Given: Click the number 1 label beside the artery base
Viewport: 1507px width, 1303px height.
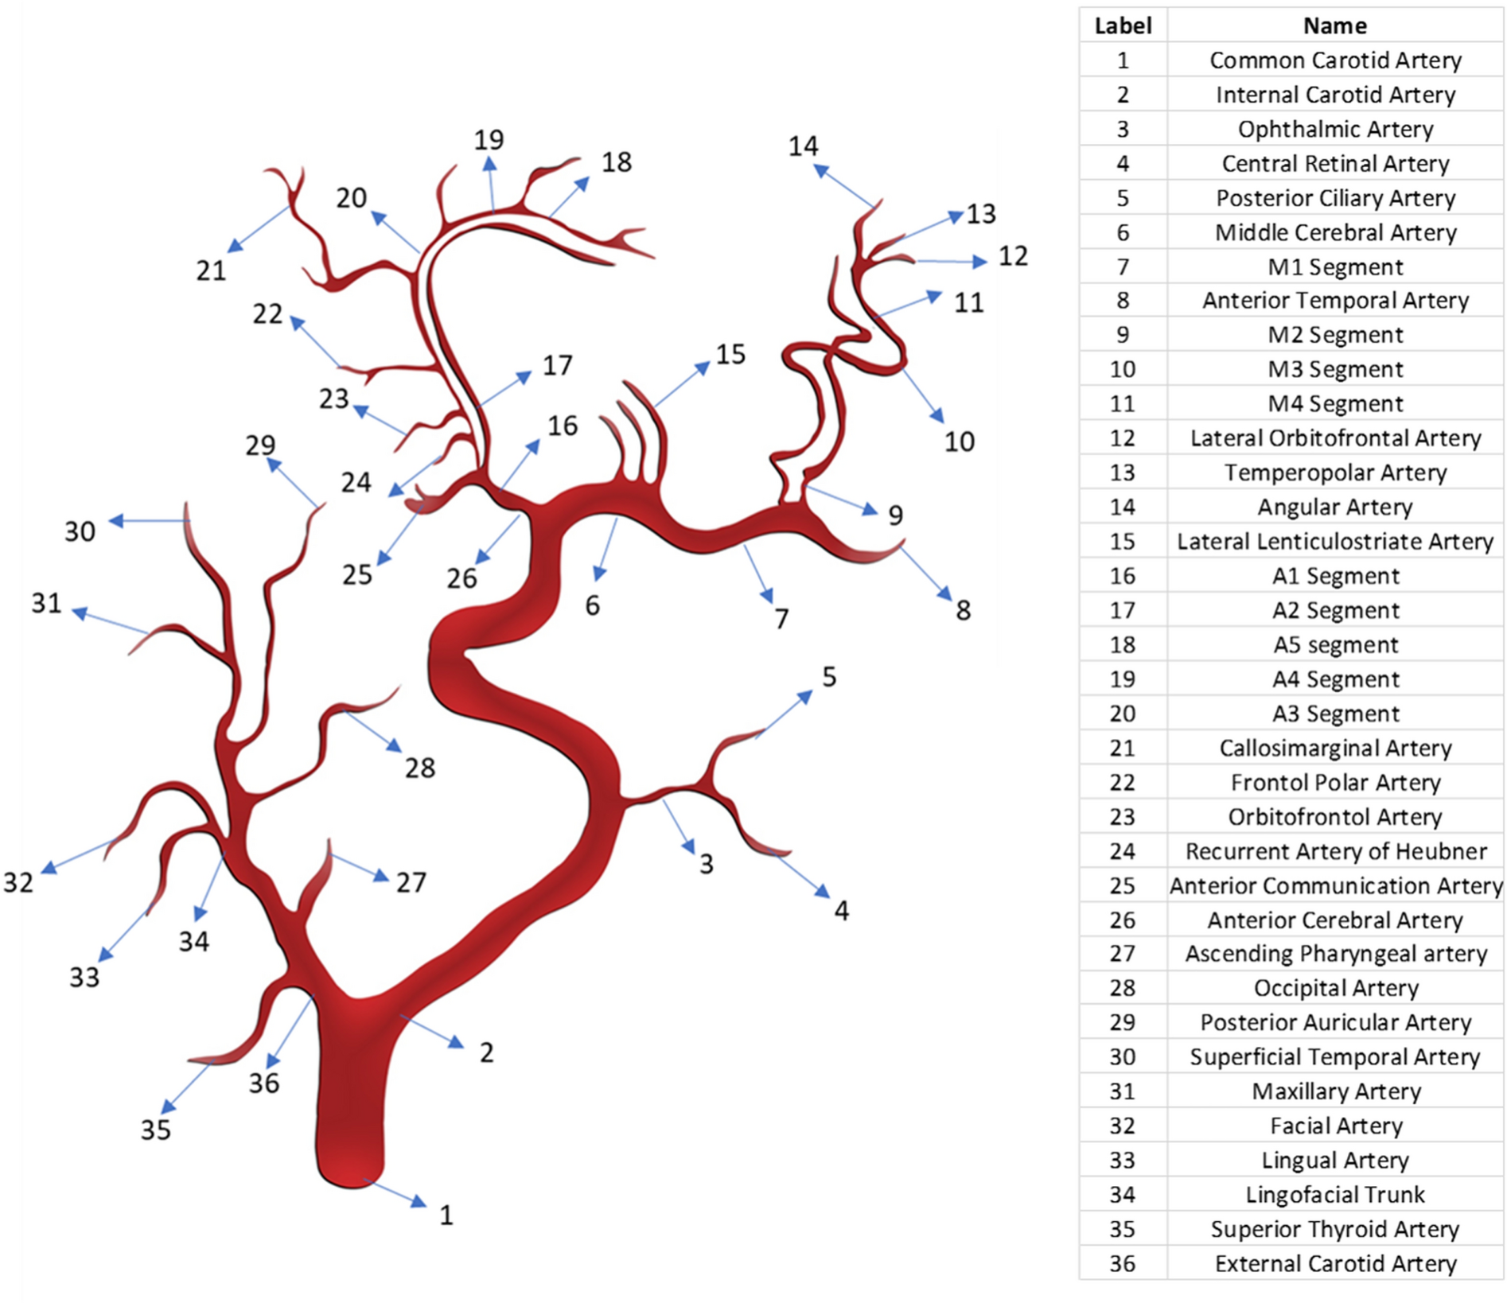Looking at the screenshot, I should tap(446, 1215).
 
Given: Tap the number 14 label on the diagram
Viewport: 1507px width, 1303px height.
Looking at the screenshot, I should tap(803, 146).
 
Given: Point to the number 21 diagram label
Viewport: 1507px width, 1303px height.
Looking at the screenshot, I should tap(211, 270).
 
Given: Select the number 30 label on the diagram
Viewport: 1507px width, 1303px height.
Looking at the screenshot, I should tap(80, 531).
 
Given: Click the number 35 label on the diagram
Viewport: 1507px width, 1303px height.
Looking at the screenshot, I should tap(156, 1130).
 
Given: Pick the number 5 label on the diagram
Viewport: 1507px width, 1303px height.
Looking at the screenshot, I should tap(829, 677).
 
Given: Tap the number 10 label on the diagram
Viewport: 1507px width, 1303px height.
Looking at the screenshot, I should tap(960, 441).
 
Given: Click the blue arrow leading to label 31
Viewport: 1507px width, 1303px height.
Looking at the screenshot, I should tap(111, 621).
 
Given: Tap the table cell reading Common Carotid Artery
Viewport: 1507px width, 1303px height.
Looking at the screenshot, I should tap(1335, 60).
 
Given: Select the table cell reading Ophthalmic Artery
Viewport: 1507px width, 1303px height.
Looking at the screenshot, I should tap(1335, 129).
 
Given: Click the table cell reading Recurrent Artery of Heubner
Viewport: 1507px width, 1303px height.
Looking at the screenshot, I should tap(1335, 851).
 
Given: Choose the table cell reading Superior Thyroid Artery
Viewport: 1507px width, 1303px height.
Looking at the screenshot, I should tap(1335, 1229).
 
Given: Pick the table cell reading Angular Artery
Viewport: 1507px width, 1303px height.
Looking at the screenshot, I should tap(1335, 507).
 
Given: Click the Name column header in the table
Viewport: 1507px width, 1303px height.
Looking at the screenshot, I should tap(1335, 25).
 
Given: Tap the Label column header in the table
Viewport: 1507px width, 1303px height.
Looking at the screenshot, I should tap(1123, 25).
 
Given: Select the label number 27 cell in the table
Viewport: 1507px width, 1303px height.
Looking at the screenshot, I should tap(1123, 953).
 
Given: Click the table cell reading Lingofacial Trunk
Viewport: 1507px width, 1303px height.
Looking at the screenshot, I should tap(1335, 1194).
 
